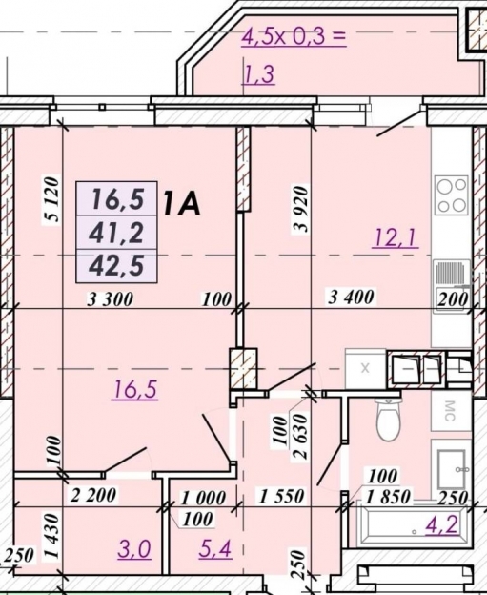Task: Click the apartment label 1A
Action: point(181,203)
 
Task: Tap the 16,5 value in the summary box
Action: point(117,199)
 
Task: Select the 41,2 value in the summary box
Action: point(116,233)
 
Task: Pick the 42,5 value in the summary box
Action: point(116,265)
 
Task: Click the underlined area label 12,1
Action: point(396,238)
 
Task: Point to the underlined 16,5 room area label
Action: point(134,389)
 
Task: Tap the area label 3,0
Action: point(134,549)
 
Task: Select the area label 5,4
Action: point(215,548)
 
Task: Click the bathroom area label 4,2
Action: point(442,524)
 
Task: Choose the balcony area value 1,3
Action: point(258,74)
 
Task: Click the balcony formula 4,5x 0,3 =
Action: point(294,37)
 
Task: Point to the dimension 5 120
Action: point(52,199)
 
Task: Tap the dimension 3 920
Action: point(300,209)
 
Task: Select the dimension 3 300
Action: point(110,299)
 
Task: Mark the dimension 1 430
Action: point(52,536)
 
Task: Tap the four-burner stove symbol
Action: point(452,195)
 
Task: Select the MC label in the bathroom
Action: point(450,411)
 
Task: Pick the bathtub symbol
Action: point(412,524)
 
